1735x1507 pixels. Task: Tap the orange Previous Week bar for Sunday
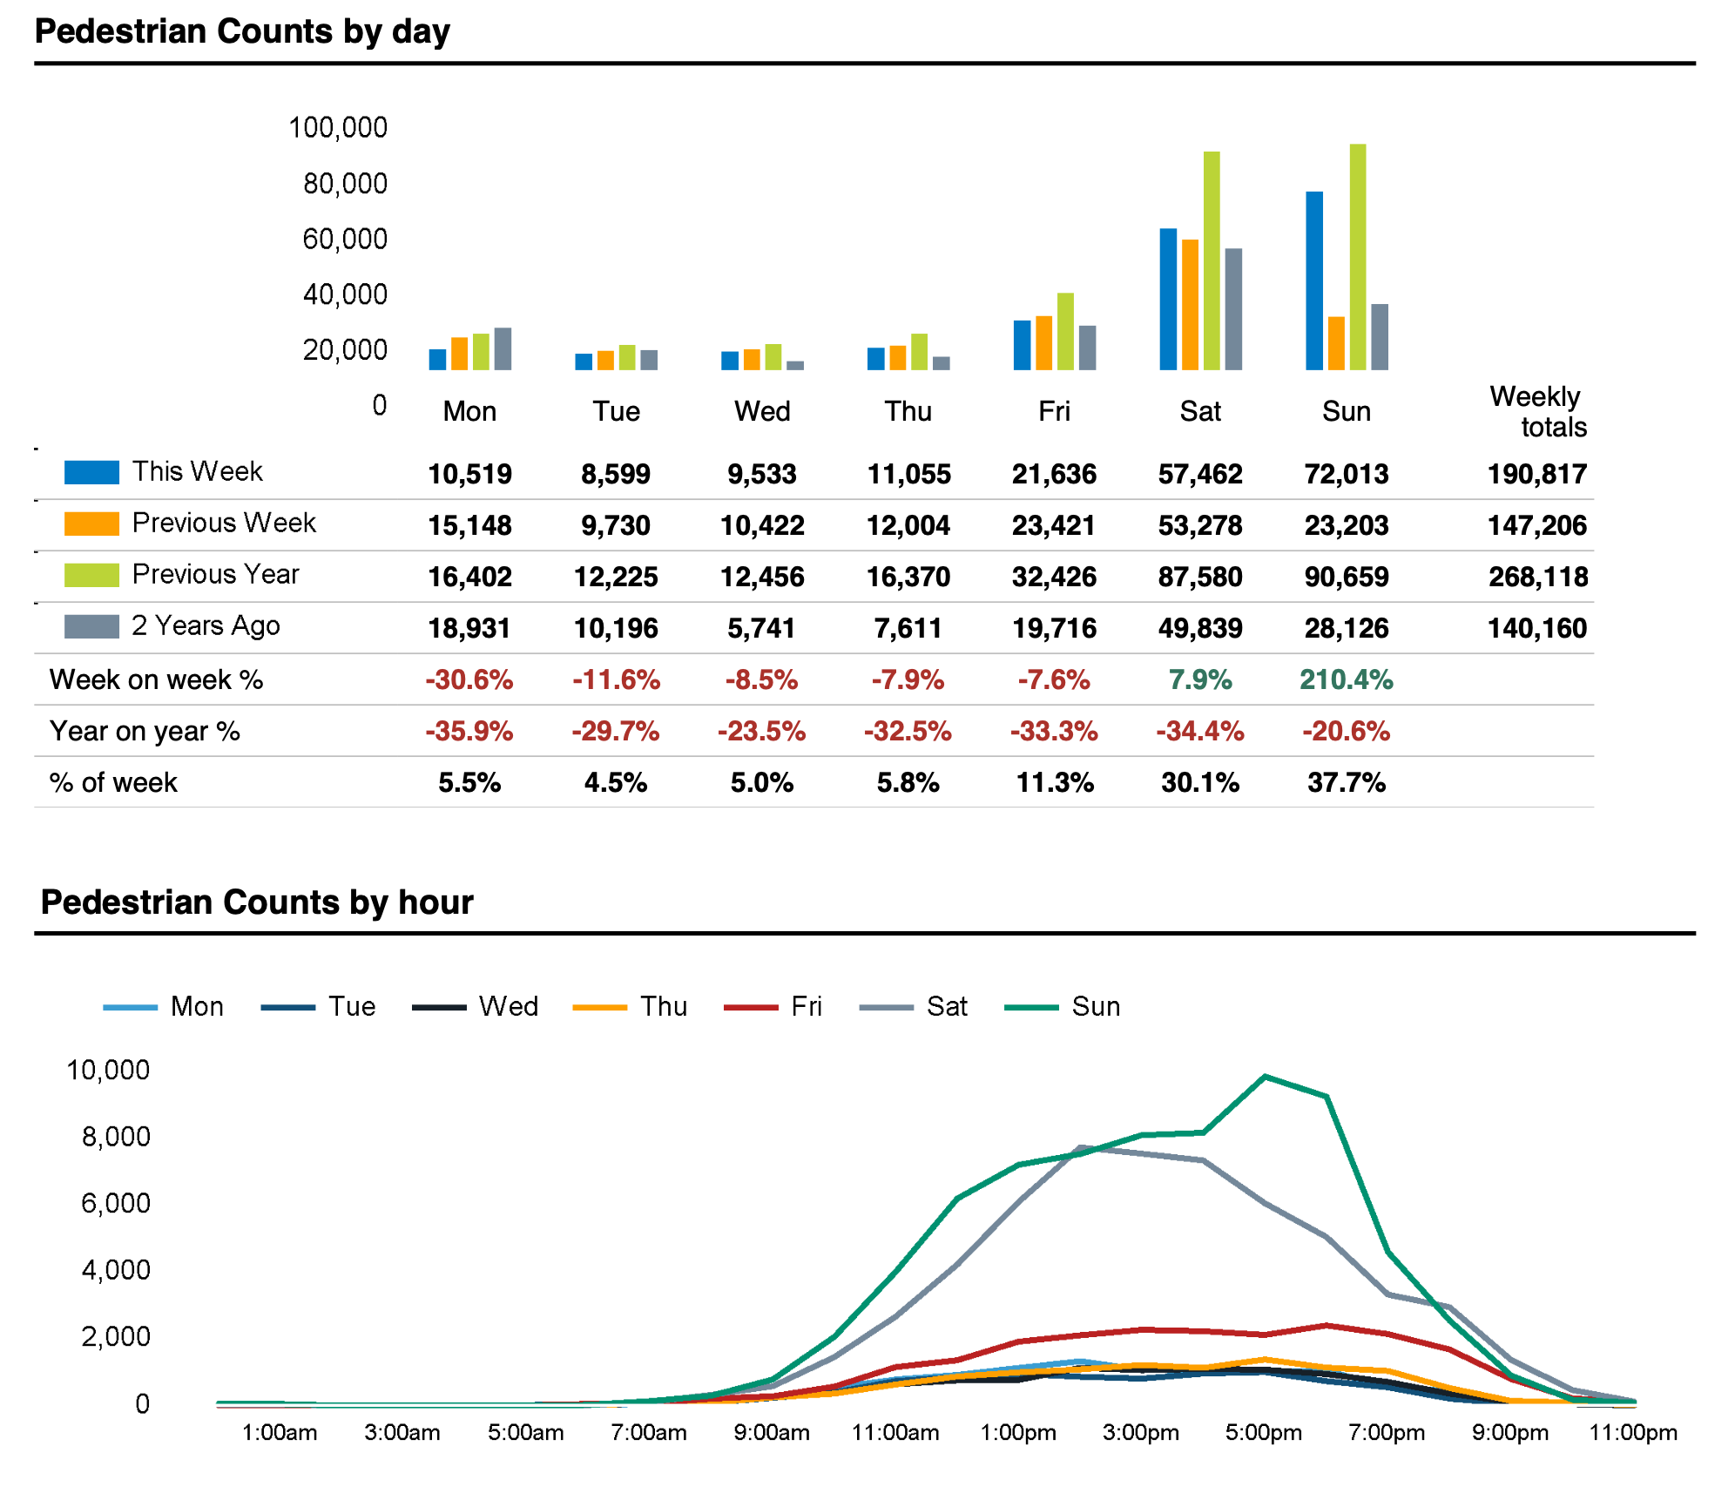pyautogui.click(x=1335, y=343)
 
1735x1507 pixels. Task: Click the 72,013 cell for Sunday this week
pyautogui.click(x=1346, y=474)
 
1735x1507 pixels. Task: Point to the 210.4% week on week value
pyautogui.click(x=1346, y=679)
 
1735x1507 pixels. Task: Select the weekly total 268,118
pyautogui.click(x=1537, y=577)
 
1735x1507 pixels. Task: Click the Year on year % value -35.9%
pyautogui.click(x=469, y=731)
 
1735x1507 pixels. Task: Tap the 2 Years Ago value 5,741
pyautogui.click(x=761, y=628)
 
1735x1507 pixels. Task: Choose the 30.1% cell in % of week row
pyautogui.click(x=1199, y=782)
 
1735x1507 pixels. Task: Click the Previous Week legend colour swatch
pyautogui.click(x=91, y=524)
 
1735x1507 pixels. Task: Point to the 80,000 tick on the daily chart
pyautogui.click(x=345, y=183)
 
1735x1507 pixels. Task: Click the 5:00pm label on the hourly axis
pyautogui.click(x=1263, y=1433)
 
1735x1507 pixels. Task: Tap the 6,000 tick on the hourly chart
pyautogui.click(x=116, y=1203)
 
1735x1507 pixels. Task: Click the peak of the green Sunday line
pyautogui.click(x=1265, y=1077)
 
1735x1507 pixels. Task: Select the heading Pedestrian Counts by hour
pyautogui.click(x=257, y=902)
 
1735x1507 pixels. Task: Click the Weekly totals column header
pyautogui.click(x=1537, y=411)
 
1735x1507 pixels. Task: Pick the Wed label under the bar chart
pyautogui.click(x=762, y=411)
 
